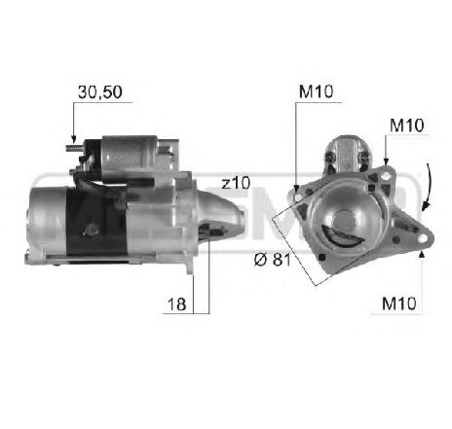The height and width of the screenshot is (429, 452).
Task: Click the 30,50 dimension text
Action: point(100,92)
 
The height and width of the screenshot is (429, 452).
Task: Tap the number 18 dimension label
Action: point(176,304)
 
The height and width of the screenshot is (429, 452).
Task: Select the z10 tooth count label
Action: point(236,183)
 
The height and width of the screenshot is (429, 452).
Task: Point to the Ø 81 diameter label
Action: point(273,260)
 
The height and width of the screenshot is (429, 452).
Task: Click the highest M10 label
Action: point(316,91)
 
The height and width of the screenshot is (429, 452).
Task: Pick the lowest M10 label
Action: point(399,304)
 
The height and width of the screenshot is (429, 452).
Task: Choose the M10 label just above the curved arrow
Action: point(406,125)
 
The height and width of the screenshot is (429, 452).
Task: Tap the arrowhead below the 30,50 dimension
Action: point(74,139)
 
